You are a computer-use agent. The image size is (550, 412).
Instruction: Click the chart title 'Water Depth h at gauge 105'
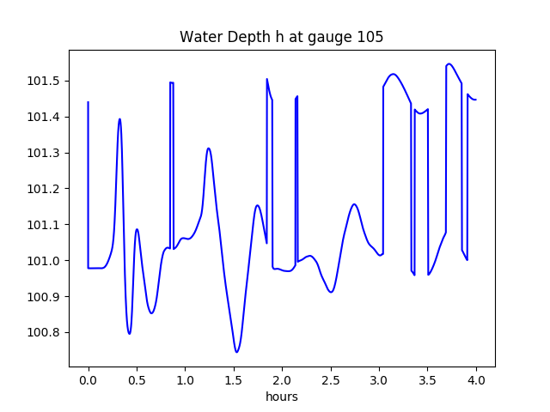(281, 37)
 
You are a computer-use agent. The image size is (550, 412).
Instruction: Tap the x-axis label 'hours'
(281, 397)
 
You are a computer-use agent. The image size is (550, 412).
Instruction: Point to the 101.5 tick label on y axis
(45, 81)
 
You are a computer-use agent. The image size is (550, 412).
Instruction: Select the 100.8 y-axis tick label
(45, 333)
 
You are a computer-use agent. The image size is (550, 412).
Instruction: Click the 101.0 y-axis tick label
(45, 261)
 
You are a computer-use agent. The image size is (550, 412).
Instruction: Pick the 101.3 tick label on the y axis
(45, 153)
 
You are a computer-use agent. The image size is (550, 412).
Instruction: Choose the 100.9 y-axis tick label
(45, 297)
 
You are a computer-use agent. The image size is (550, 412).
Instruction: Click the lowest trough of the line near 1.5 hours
(236, 352)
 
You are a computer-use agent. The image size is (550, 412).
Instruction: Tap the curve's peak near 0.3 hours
(119, 119)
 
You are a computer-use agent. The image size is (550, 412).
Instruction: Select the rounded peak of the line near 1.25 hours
(209, 148)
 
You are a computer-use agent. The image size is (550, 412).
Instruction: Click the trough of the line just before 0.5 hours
(130, 333)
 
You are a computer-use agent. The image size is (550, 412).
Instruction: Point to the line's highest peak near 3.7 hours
(449, 64)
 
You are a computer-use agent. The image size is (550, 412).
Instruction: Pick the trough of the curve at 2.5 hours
(330, 292)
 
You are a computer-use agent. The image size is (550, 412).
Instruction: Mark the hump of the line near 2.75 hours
(354, 204)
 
